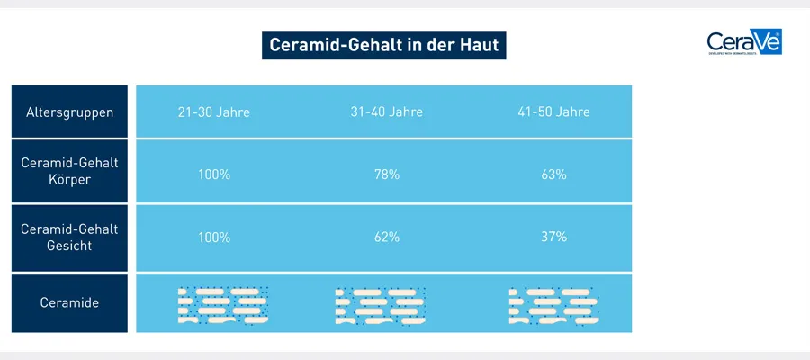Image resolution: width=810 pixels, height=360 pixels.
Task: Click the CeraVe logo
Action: [x=743, y=42]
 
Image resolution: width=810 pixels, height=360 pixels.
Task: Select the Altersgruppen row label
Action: [x=69, y=112]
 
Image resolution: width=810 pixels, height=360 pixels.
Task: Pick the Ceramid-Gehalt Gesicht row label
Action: [x=69, y=237]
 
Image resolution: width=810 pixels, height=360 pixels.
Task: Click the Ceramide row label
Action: [x=69, y=303]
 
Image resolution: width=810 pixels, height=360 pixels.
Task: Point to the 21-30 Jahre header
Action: [x=213, y=112]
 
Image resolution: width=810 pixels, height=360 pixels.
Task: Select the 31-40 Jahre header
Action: [x=386, y=112]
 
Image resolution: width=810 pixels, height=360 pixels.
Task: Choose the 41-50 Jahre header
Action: [x=553, y=112]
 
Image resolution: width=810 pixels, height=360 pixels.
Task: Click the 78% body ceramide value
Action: [x=386, y=175]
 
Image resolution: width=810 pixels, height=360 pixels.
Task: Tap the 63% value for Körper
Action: [x=553, y=175]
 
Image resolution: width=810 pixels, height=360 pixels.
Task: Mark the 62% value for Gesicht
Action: [x=386, y=238]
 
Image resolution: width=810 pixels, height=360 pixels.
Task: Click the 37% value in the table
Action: [x=553, y=238]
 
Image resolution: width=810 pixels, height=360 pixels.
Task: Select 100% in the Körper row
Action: [x=213, y=175]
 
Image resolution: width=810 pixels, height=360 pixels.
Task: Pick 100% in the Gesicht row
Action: [x=213, y=238]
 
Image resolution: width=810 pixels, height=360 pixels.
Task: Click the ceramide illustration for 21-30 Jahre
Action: [x=221, y=305]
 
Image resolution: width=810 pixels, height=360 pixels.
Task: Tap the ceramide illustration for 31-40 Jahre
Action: [x=380, y=306]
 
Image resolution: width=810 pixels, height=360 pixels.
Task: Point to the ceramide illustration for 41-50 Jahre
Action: [x=551, y=306]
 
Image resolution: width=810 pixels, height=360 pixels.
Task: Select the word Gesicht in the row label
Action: [x=69, y=246]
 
